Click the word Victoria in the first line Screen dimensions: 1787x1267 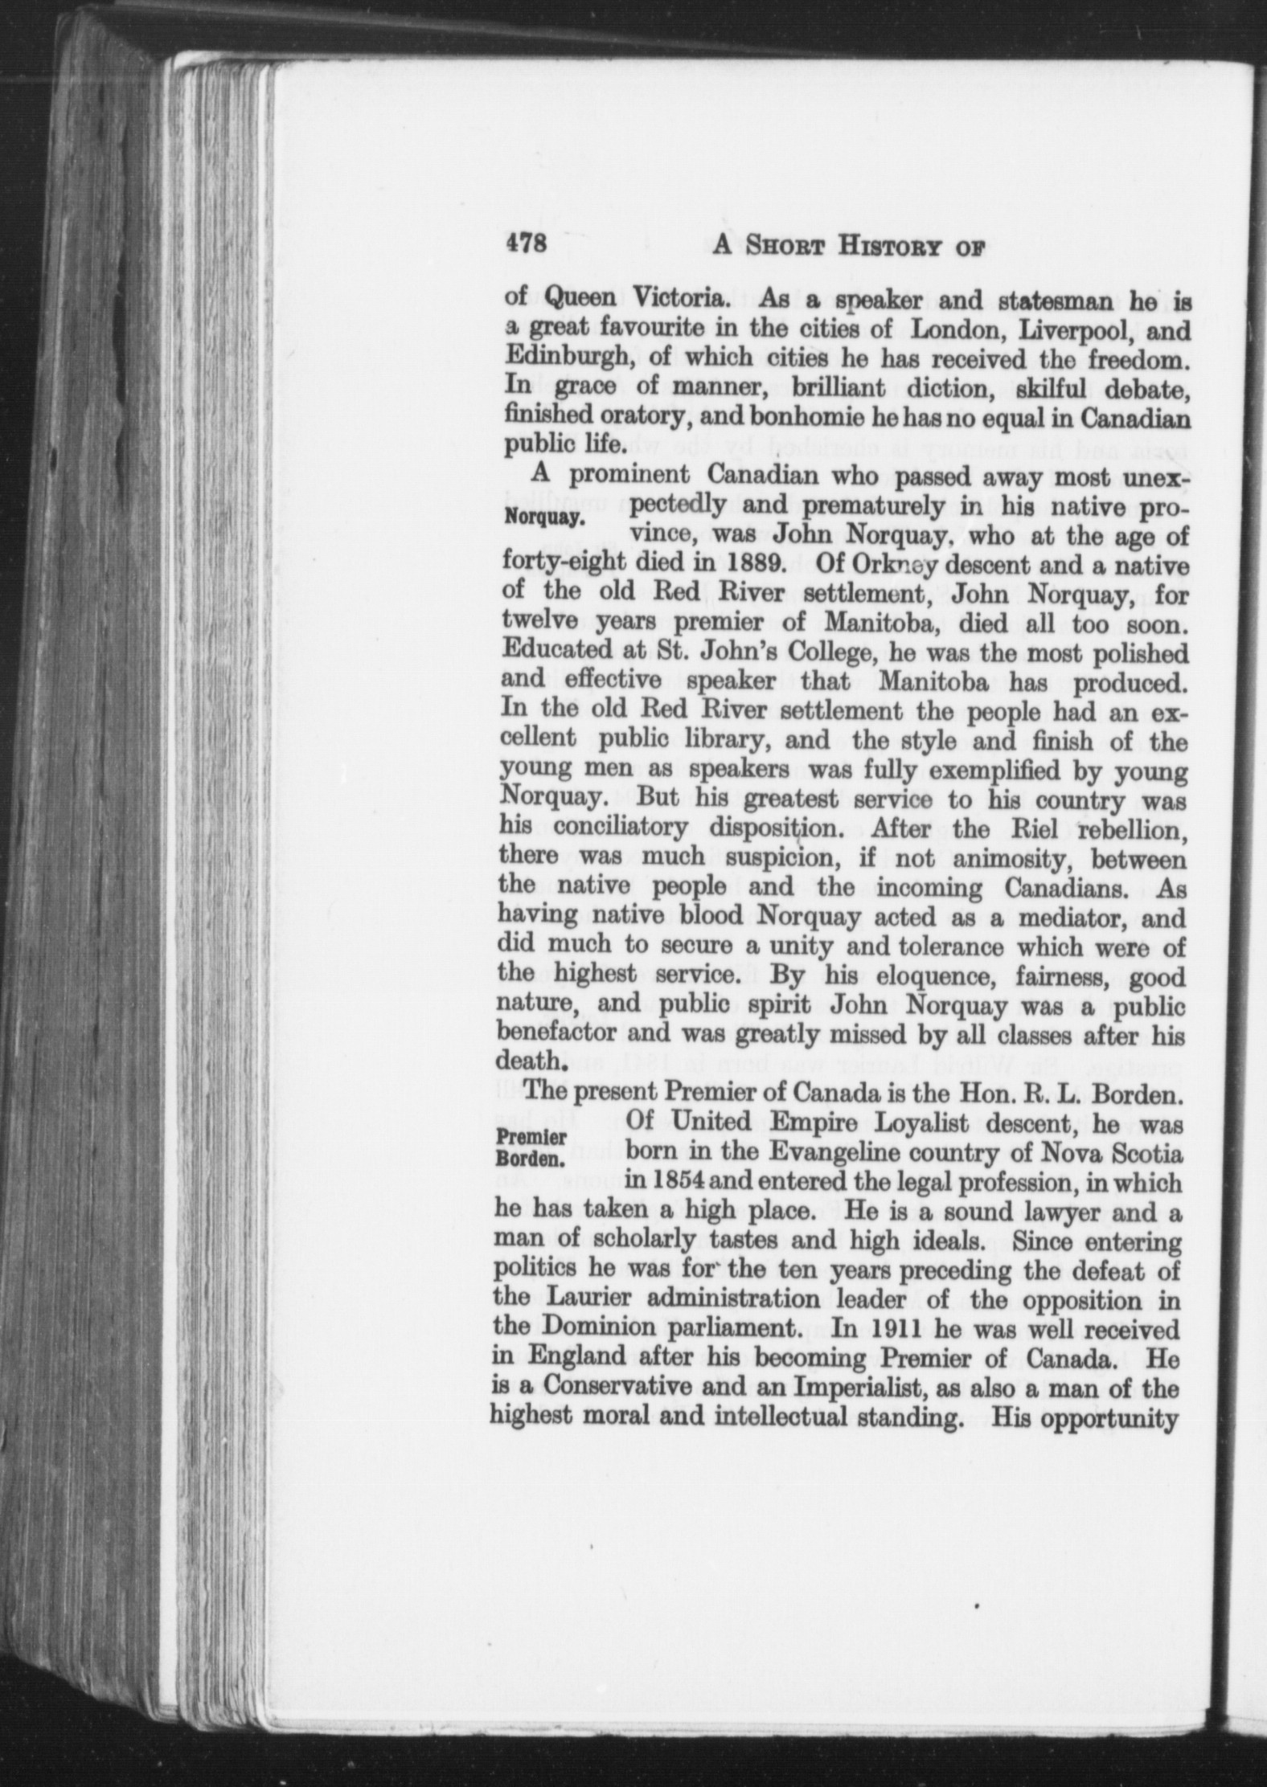click(x=682, y=298)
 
